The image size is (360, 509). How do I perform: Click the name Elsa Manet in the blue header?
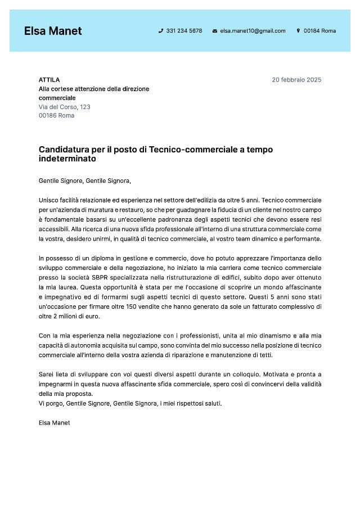point(53,31)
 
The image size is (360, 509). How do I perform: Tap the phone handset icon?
point(161,31)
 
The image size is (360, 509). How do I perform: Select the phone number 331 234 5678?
point(184,31)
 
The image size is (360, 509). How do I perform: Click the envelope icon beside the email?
point(215,31)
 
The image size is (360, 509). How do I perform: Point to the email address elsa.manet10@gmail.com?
point(253,31)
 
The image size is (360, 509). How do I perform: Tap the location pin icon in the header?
point(298,31)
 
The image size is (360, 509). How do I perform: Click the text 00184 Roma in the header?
point(319,31)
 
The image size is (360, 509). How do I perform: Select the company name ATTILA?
point(49,80)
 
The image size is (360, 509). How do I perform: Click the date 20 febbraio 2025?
point(296,80)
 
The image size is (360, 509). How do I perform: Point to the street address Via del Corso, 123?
point(65,107)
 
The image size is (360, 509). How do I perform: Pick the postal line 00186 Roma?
point(56,116)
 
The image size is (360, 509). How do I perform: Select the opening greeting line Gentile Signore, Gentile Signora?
point(84,181)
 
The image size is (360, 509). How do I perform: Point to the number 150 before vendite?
point(148,307)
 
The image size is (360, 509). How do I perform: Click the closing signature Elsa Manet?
point(55,422)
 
